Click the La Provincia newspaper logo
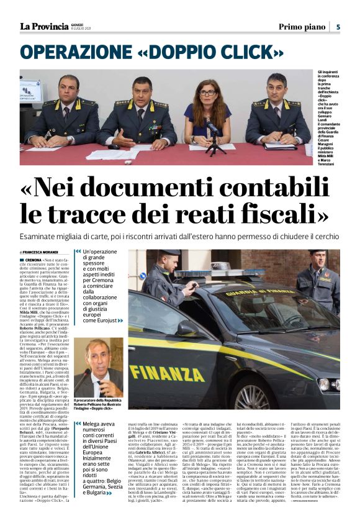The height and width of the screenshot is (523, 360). tap(44, 26)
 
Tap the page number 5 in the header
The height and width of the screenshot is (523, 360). tap(338, 27)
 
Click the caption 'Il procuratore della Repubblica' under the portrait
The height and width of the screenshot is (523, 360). tap(99, 401)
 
